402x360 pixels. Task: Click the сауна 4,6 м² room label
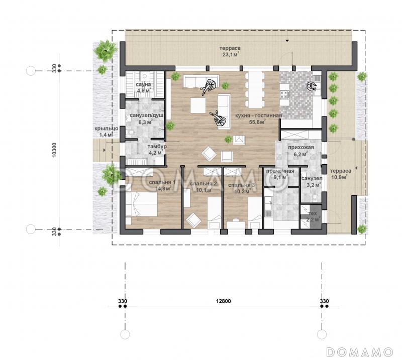coord(143,87)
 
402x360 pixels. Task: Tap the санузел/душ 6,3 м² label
coord(146,118)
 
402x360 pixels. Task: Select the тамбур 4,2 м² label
coord(157,150)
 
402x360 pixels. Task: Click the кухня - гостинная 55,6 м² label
coord(258,118)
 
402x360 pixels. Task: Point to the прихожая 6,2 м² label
coord(300,151)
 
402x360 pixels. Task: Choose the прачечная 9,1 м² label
coord(280,174)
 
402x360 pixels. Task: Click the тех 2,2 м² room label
coord(313,216)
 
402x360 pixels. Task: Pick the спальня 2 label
coord(204,184)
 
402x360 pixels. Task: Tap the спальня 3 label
coord(242,185)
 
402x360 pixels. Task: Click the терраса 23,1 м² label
coord(230,51)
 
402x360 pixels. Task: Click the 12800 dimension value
coord(223,301)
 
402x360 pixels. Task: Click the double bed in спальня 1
coord(141,204)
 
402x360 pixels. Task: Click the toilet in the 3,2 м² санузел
coord(315,197)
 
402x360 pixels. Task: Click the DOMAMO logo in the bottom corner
coord(359,352)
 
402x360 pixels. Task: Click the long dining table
coord(255,90)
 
